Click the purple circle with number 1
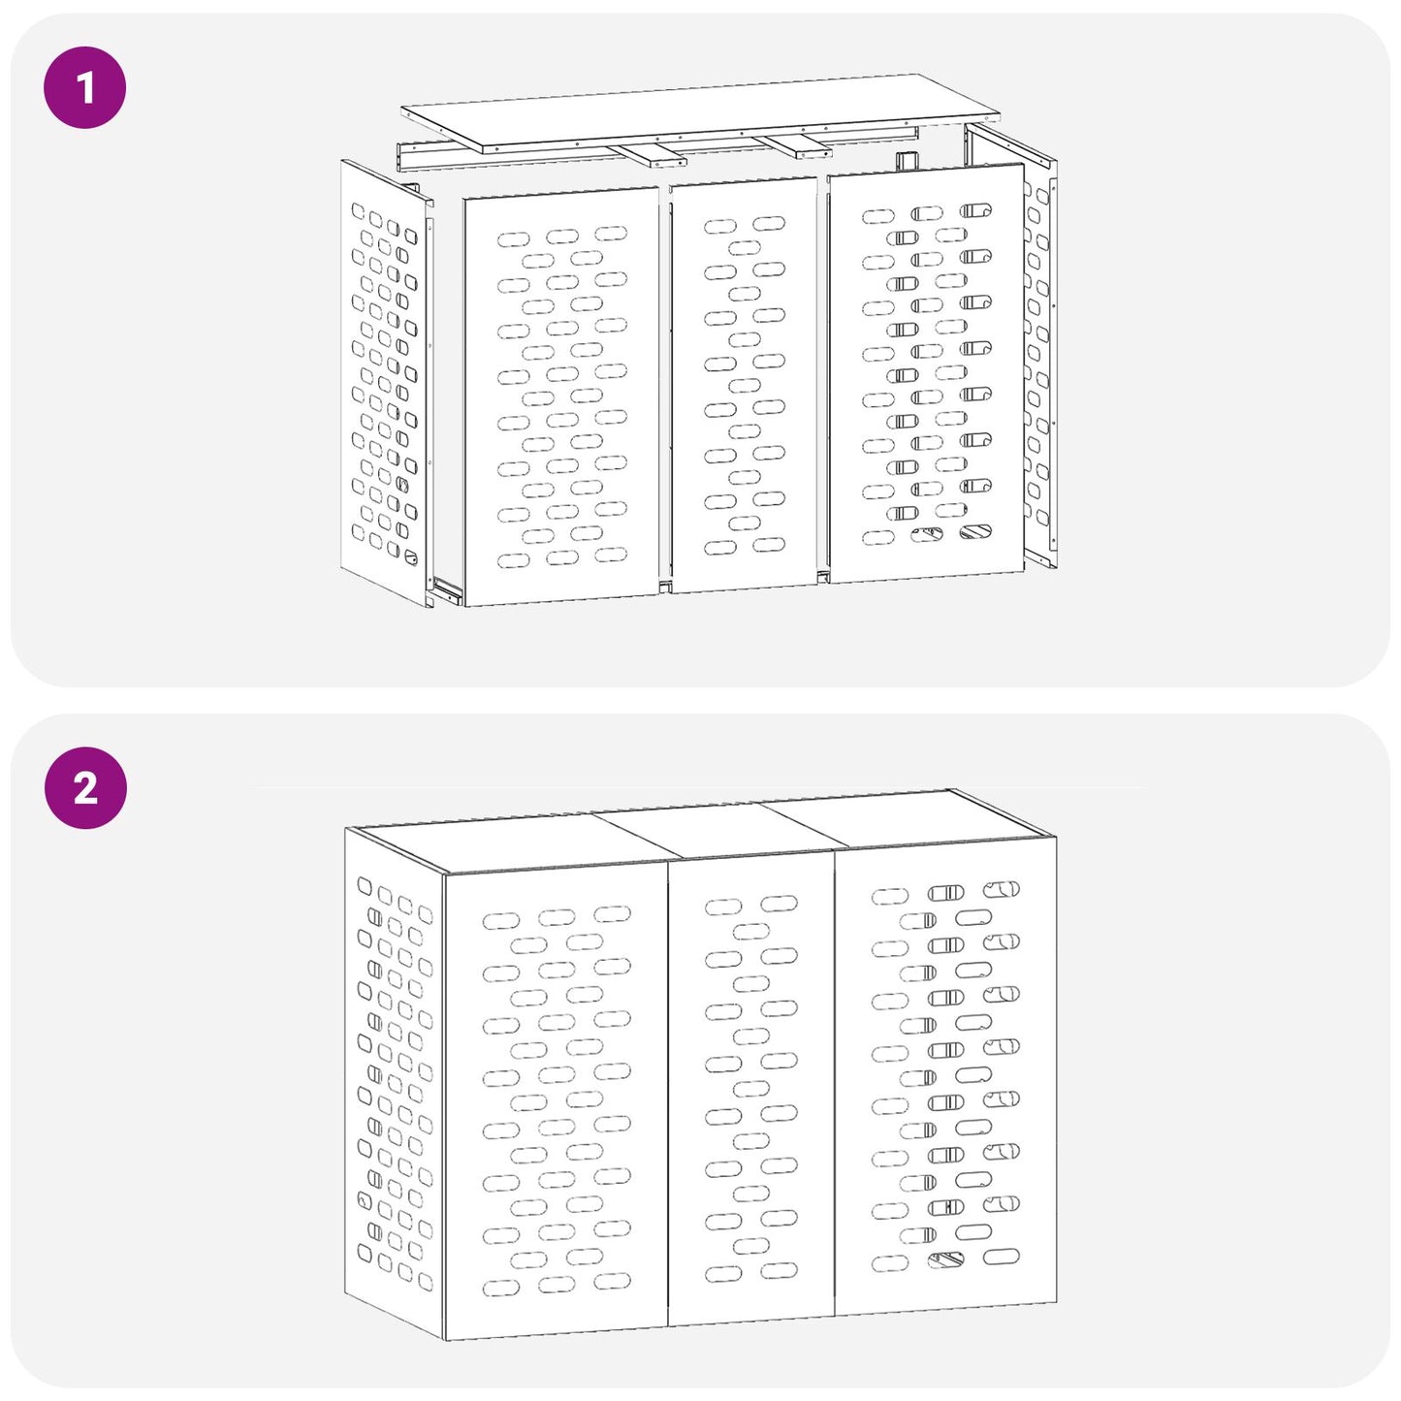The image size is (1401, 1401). coord(85,87)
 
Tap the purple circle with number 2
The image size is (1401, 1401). coord(85,788)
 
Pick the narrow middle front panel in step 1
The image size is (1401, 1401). coord(743,385)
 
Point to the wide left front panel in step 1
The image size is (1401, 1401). coord(560,397)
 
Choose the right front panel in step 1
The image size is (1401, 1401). coord(926,373)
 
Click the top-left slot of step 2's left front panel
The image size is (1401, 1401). coord(501,921)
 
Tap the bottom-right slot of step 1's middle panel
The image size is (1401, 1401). coord(769,544)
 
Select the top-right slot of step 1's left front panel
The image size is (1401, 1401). coord(611,234)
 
